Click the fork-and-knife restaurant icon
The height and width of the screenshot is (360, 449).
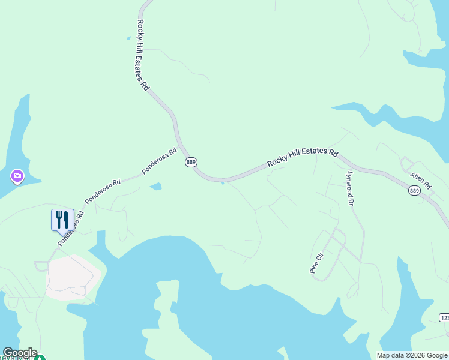click(62, 220)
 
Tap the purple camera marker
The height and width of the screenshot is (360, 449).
click(17, 176)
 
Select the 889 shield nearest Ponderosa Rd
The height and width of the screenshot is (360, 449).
click(191, 162)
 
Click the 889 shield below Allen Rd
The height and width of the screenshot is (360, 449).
click(414, 190)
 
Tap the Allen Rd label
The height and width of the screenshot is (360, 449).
click(421, 179)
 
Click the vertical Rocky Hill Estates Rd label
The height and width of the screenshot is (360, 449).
click(142, 55)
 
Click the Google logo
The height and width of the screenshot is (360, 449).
click(19, 353)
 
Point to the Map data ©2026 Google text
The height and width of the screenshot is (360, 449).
click(412, 355)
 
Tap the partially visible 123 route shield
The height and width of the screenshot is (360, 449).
click(444, 317)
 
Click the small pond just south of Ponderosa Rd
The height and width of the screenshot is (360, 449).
click(155, 187)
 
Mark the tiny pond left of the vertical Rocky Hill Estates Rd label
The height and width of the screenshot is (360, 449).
click(128, 38)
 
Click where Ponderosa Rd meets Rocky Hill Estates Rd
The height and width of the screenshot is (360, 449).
click(182, 147)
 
